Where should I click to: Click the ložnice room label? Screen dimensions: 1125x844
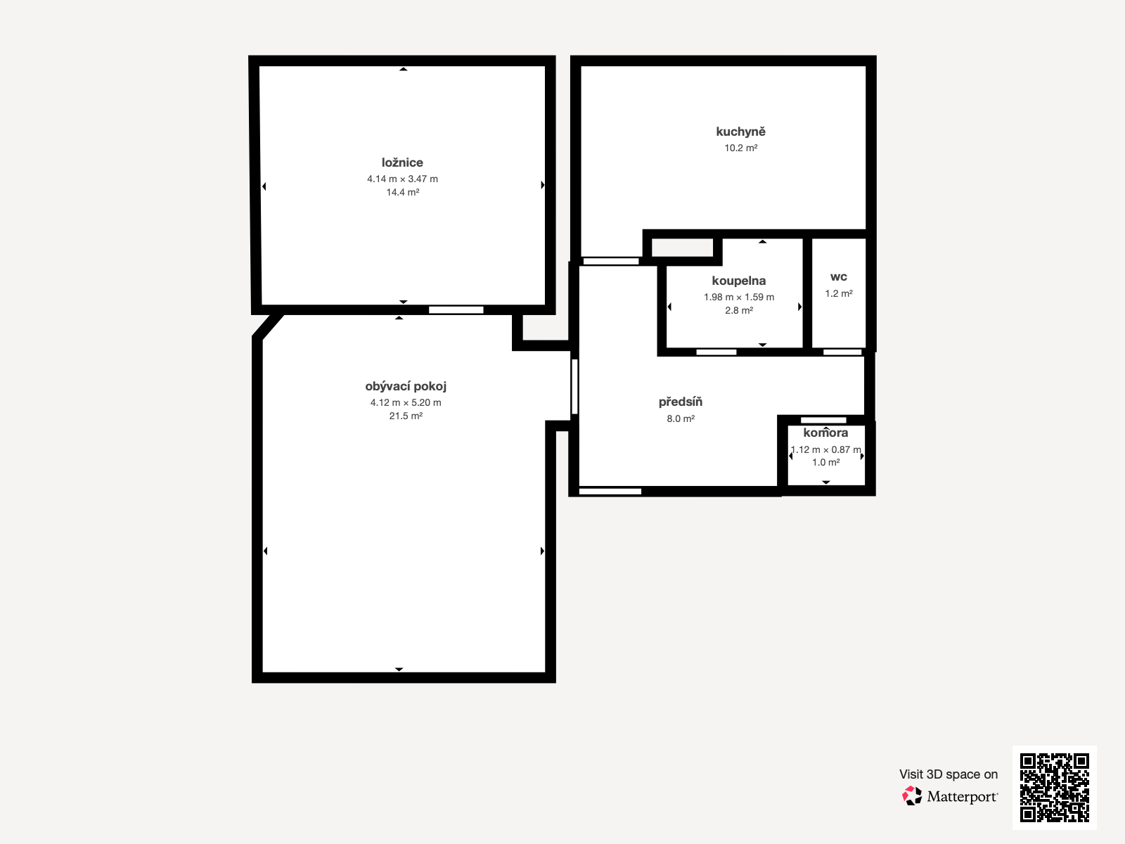tap(402, 162)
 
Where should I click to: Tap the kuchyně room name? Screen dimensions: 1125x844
tap(740, 132)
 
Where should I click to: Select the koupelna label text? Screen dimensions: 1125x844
tap(738, 281)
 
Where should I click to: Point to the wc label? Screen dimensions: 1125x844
tap(839, 277)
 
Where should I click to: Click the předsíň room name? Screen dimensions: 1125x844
tap(680, 402)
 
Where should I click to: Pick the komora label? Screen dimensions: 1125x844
tap(825, 433)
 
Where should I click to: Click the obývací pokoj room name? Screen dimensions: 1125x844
tap(406, 386)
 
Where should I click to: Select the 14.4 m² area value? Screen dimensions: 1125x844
tap(402, 192)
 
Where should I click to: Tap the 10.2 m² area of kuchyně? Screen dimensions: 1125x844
tap(740, 148)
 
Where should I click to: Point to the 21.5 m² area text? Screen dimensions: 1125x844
tap(406, 416)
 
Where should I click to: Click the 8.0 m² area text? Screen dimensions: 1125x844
tap(680, 418)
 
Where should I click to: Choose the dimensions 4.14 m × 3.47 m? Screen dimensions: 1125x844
tap(402, 179)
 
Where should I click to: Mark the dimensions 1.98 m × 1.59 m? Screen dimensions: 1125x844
tap(738, 298)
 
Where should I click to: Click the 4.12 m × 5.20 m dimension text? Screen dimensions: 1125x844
tap(406, 403)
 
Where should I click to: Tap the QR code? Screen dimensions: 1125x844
tap(1054, 787)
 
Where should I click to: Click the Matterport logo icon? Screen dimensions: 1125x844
tap(912, 796)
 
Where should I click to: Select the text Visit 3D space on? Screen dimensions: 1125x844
tap(949, 774)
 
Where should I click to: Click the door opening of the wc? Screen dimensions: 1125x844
tap(842, 352)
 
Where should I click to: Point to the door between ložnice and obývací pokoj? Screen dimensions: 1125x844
tap(456, 310)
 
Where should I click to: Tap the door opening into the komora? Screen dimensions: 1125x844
tap(823, 420)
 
